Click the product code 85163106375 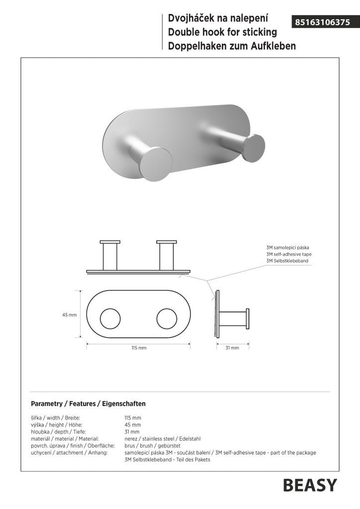[322, 22]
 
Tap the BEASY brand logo [310, 486]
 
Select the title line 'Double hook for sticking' [222, 32]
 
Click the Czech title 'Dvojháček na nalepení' [218, 18]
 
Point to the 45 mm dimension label [70, 315]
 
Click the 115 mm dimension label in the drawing [139, 348]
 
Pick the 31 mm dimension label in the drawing [232, 348]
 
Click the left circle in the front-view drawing [110, 319]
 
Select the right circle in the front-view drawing [167, 319]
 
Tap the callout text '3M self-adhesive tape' [288, 254]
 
